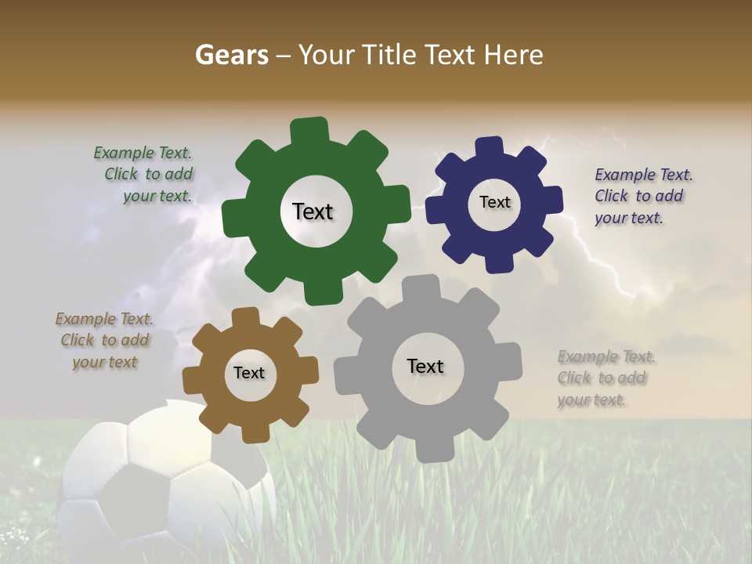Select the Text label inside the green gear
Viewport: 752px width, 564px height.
pyautogui.click(x=313, y=211)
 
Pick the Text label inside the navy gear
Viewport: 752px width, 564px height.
pyautogui.click(x=494, y=202)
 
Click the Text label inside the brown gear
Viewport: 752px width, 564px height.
pyautogui.click(x=249, y=373)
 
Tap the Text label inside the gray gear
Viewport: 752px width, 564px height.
pyautogui.click(x=425, y=366)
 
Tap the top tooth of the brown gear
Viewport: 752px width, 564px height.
pyautogui.click(x=245, y=317)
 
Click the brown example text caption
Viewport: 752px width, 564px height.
pyautogui.click(x=104, y=340)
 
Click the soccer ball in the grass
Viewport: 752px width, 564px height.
pyautogui.click(x=157, y=486)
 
